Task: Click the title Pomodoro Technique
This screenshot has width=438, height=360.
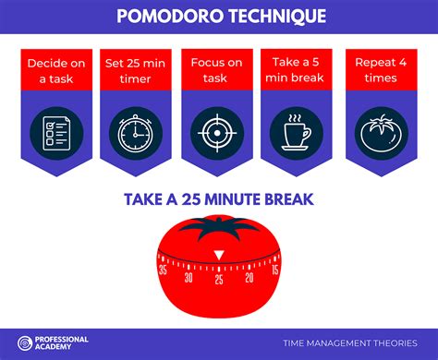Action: pos(220,15)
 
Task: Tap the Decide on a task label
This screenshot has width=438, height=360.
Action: pos(56,71)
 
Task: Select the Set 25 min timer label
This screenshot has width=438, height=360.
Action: pos(137,71)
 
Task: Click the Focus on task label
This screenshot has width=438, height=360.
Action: pos(218,71)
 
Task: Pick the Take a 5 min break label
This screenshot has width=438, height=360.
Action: pos(299,71)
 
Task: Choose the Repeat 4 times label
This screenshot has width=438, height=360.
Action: pos(381,71)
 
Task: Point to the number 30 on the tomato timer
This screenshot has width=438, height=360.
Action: pos(189,277)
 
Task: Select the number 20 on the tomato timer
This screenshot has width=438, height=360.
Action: pos(249,277)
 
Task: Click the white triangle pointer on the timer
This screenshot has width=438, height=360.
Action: pos(218,255)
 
